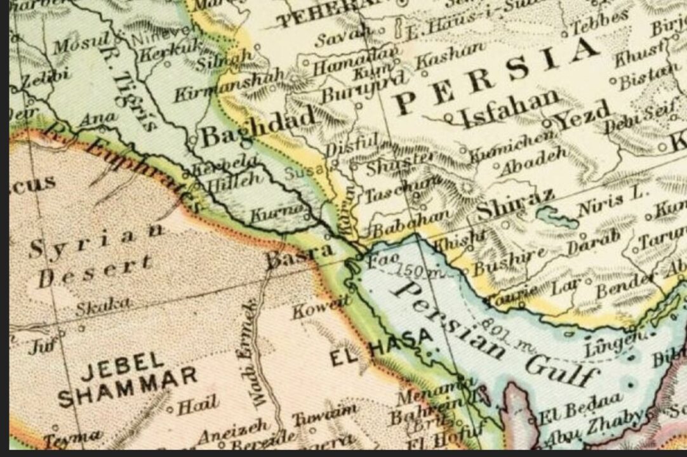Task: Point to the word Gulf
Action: click(x=559, y=368)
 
